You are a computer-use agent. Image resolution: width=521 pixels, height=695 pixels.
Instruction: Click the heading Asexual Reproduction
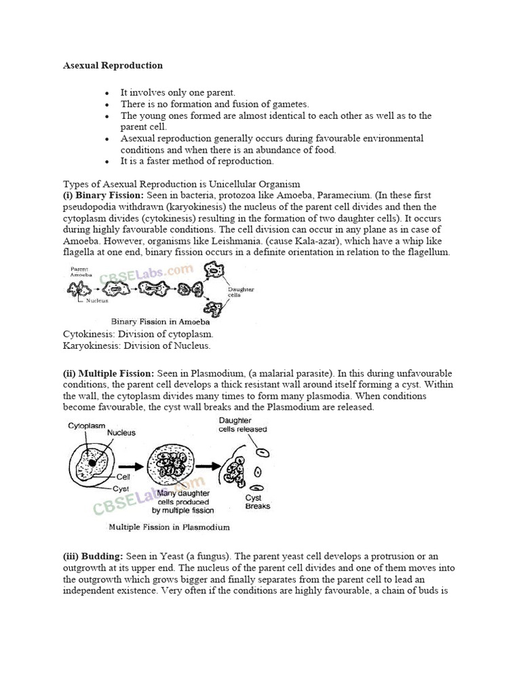pyautogui.click(x=113, y=66)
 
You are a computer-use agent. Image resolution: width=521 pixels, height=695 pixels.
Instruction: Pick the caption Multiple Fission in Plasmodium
pyautogui.click(x=169, y=527)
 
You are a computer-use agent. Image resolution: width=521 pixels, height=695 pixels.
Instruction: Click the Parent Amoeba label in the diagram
pyautogui.click(x=81, y=272)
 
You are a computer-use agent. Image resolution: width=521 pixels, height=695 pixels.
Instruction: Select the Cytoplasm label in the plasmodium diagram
pyautogui.click(x=87, y=426)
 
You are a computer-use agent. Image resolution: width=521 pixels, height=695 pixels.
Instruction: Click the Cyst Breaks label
pyautogui.click(x=257, y=502)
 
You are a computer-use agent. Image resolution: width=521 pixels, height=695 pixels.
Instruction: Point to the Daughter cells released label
pyautogui.click(x=242, y=425)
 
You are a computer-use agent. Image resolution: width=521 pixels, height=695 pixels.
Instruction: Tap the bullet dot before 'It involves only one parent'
pyautogui.click(x=107, y=92)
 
